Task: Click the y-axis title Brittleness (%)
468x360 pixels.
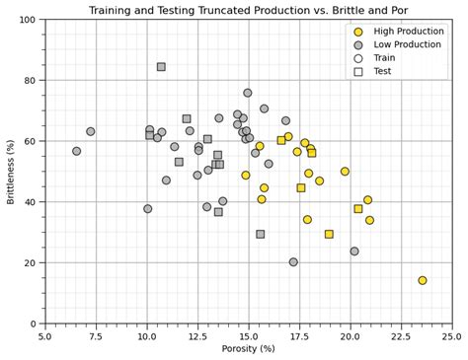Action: coord(11,172)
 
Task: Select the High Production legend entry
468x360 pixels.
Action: coord(411,32)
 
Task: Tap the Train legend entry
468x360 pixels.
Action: coord(390,58)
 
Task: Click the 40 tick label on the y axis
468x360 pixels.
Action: coord(30,202)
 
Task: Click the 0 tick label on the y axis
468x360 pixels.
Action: coord(34,324)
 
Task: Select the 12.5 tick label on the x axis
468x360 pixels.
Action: coord(197,336)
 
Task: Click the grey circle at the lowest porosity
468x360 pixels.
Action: coord(77,151)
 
